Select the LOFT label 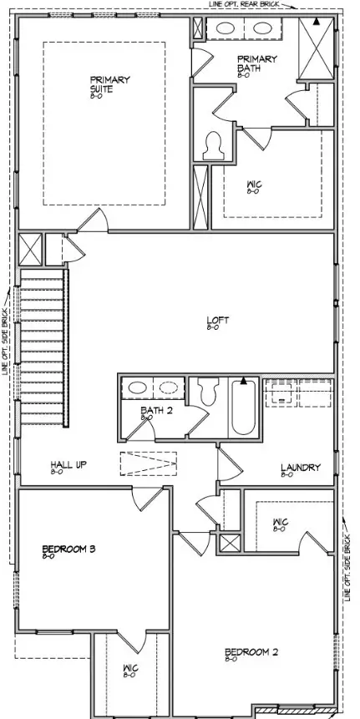[218, 320]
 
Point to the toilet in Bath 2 [210, 390]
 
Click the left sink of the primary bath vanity [225, 28]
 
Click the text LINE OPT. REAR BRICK [243, 4]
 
